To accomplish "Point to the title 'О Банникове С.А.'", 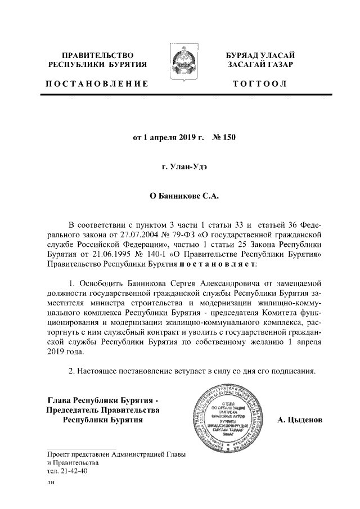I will (x=179, y=197).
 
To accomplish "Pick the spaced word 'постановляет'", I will (x=218, y=264).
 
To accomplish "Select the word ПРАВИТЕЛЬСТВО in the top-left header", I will (x=97, y=55).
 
